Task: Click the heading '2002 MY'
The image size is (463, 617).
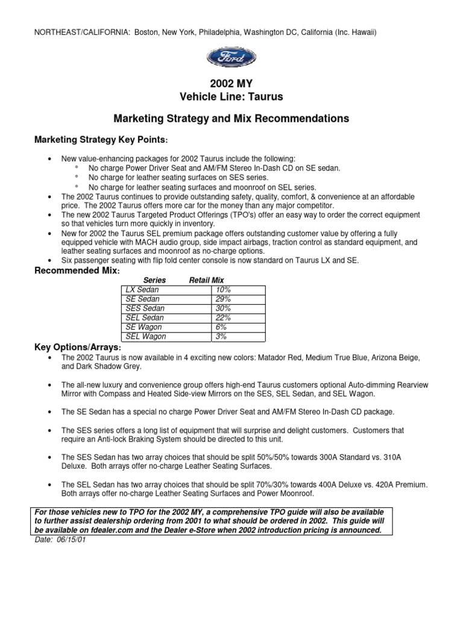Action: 231,84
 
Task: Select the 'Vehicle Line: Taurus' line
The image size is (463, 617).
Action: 231,96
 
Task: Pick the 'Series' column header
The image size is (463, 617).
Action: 153,281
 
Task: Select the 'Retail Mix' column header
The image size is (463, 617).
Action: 207,281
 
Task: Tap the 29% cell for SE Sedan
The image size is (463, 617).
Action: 223,299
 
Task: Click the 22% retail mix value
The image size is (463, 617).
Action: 223,318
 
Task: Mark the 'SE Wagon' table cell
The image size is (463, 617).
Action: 141,327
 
